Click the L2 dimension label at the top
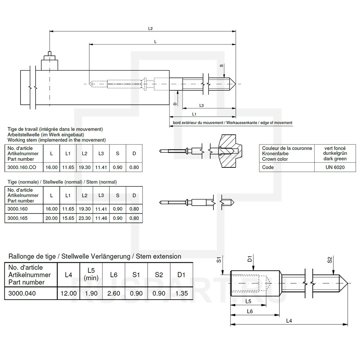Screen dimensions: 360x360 [x=150, y=28]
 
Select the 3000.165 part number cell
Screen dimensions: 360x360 [x=18, y=218]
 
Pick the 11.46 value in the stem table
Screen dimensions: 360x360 [x=101, y=218]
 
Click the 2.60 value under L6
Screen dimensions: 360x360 [x=114, y=293]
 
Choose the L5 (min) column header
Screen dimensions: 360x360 [x=91, y=274]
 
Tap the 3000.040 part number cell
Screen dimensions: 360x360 [x=22, y=293]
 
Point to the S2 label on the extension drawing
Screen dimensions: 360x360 [x=330, y=260]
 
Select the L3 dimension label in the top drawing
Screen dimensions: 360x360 [x=202, y=105]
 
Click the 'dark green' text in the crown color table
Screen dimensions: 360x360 [x=335, y=159]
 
